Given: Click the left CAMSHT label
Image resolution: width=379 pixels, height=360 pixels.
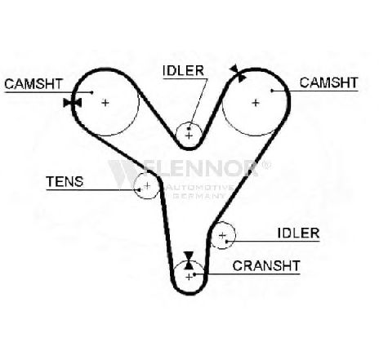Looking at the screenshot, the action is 33,84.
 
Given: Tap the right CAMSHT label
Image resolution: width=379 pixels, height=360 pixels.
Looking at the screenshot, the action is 328,82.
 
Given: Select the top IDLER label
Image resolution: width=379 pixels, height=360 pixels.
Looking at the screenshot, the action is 183,71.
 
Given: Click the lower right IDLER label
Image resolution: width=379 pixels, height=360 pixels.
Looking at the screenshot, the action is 298,233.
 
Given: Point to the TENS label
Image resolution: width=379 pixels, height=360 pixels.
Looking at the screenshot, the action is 65,181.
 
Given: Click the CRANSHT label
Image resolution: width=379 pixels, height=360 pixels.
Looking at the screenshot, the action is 266,266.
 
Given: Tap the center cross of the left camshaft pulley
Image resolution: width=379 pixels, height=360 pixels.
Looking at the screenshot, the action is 105,103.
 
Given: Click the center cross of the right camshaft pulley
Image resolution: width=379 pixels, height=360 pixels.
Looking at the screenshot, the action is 256,103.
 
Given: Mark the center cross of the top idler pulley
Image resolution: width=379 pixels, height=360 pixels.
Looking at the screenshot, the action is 189,136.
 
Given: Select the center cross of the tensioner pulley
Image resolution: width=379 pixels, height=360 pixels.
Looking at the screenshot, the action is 147,186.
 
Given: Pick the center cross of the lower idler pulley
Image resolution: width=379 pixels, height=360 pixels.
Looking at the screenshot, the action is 222,235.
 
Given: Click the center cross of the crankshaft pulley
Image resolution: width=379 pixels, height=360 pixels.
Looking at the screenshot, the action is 189,277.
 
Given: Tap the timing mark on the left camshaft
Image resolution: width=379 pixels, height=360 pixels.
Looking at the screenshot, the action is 73,103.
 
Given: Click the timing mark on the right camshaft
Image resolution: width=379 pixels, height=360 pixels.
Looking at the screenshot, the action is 238,73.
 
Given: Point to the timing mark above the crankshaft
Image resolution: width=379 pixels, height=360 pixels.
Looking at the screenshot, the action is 189,260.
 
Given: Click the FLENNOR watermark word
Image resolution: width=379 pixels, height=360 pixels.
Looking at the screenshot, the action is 183,169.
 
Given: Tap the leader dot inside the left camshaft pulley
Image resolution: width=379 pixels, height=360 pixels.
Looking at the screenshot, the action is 92,92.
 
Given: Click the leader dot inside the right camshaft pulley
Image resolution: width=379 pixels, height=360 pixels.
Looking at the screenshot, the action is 272,91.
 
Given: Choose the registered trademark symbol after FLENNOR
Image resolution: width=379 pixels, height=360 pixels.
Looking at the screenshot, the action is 265,165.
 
